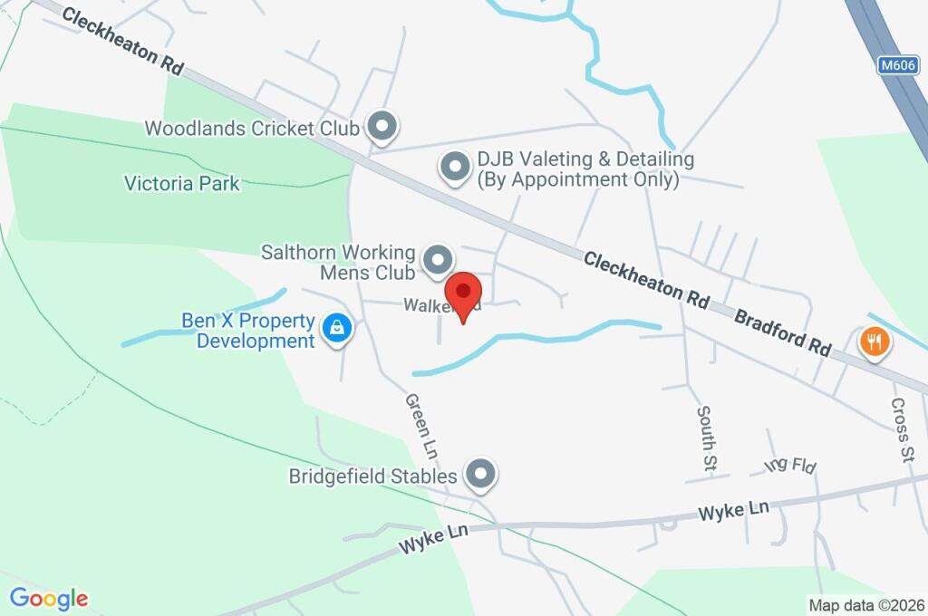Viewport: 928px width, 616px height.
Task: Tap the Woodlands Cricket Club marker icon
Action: coord(382,128)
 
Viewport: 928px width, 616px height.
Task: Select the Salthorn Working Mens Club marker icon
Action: coord(439,261)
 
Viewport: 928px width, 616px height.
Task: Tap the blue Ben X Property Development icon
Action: coord(337,330)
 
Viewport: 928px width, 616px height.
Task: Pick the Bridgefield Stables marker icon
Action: coord(480,475)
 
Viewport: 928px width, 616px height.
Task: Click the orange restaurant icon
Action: coord(875,342)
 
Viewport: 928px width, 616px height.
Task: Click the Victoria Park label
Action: coord(182,184)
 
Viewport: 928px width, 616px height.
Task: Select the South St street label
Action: coord(705,438)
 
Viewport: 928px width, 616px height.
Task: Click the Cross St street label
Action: coord(900,430)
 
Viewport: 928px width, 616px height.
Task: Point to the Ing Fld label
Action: coord(790,466)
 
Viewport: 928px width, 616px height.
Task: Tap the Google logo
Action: coord(49,598)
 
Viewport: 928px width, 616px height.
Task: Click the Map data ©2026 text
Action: coord(866,605)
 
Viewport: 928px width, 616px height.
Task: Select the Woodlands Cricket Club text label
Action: coord(252,129)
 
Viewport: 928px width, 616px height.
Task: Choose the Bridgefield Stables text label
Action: coord(372,476)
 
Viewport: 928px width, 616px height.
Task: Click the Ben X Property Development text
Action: coord(247,331)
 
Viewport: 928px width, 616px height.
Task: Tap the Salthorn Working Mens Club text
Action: coord(338,262)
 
